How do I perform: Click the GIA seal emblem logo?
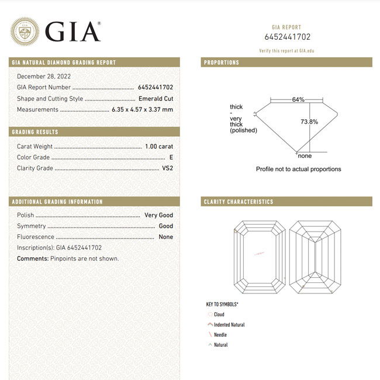tap(25, 32)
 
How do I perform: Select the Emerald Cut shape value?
tap(156, 98)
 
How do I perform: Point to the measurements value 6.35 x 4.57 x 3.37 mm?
tap(142, 109)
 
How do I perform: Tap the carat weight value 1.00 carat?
tap(158, 147)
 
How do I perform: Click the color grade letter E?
tap(171, 157)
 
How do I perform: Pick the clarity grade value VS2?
tap(167, 168)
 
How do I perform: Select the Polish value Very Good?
tap(158, 215)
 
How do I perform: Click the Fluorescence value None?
tap(166, 237)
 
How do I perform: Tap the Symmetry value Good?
tap(166, 226)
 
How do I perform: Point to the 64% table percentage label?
tap(298, 100)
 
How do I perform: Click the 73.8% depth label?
tap(309, 122)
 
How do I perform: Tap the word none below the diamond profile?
tap(305, 156)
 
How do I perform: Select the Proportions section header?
tap(222, 63)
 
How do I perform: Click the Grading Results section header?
tap(35, 132)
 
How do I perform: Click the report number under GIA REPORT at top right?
tap(286, 37)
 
